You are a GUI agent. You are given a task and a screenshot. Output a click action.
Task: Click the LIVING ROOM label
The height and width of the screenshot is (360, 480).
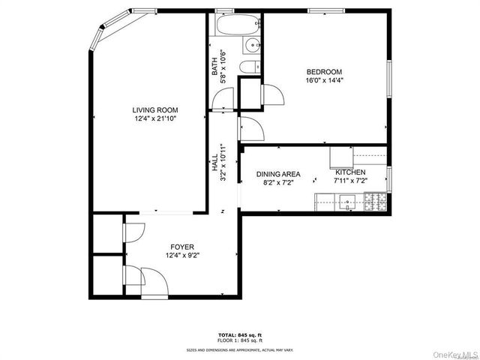[x=155, y=110]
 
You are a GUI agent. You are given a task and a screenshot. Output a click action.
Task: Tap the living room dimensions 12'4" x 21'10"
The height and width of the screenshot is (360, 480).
[x=155, y=118]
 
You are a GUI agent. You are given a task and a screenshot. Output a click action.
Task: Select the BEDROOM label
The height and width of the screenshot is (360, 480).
[x=324, y=72]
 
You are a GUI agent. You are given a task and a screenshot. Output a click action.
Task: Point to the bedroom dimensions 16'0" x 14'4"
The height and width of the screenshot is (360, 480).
[x=324, y=81]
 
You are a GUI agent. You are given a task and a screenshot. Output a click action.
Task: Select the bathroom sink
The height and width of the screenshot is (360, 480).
[x=253, y=46]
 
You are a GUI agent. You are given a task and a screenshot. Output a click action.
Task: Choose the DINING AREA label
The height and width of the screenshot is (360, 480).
[x=278, y=172]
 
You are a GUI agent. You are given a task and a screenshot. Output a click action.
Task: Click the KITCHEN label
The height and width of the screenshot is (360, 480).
[x=350, y=172]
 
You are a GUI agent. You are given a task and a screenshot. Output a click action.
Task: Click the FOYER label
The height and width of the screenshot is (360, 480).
[x=182, y=247]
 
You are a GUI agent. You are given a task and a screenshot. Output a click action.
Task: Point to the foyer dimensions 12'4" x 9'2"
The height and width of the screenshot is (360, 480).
[x=182, y=255]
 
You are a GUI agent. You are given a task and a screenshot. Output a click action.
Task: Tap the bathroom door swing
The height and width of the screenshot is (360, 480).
[x=223, y=98]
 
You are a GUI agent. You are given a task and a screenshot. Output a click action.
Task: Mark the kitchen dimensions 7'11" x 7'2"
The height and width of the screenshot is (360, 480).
[x=350, y=181]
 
